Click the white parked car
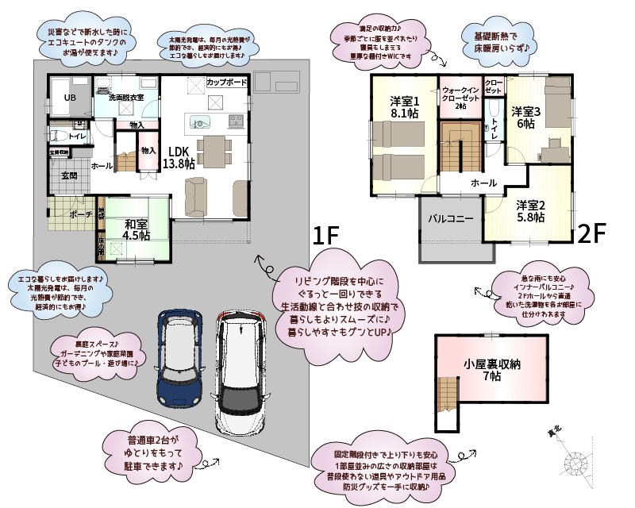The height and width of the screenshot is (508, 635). click(x=241, y=370)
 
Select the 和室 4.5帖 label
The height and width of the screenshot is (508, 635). click(x=137, y=229)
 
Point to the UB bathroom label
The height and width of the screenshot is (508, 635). click(x=71, y=98)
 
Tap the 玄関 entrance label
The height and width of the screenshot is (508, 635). click(x=70, y=176)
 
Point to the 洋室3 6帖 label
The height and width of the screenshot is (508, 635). click(x=525, y=117)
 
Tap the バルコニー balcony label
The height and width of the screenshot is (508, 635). click(x=451, y=217)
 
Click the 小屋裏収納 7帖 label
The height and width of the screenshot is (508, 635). click(x=492, y=371)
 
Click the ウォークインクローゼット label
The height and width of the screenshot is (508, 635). click(x=460, y=98)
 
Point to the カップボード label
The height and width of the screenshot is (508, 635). click(x=226, y=83)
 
